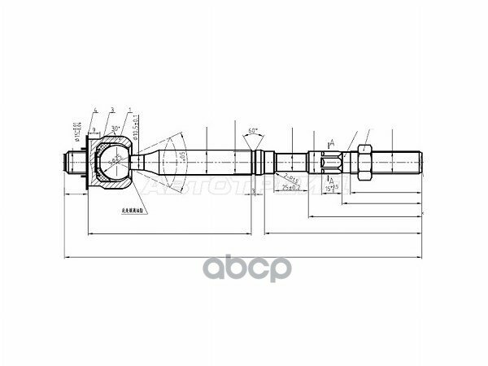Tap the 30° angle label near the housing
pos(116,129)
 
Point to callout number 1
pos(129,109)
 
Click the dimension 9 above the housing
pos(94,130)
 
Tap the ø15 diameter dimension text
pos(75,129)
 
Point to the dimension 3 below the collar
pos(254,192)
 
